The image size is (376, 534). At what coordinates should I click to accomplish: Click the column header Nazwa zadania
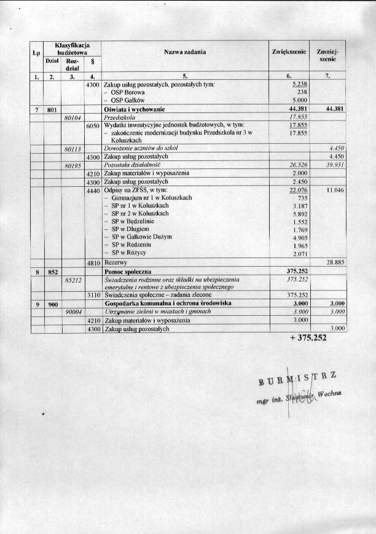click(185, 53)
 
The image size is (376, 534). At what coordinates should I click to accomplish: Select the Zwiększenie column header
click(289, 53)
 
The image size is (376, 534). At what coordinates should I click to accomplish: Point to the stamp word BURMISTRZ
click(300, 383)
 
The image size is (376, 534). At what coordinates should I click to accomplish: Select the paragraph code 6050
click(93, 125)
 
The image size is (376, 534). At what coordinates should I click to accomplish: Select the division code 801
click(52, 108)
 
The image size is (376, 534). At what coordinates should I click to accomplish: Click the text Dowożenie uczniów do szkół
click(142, 149)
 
